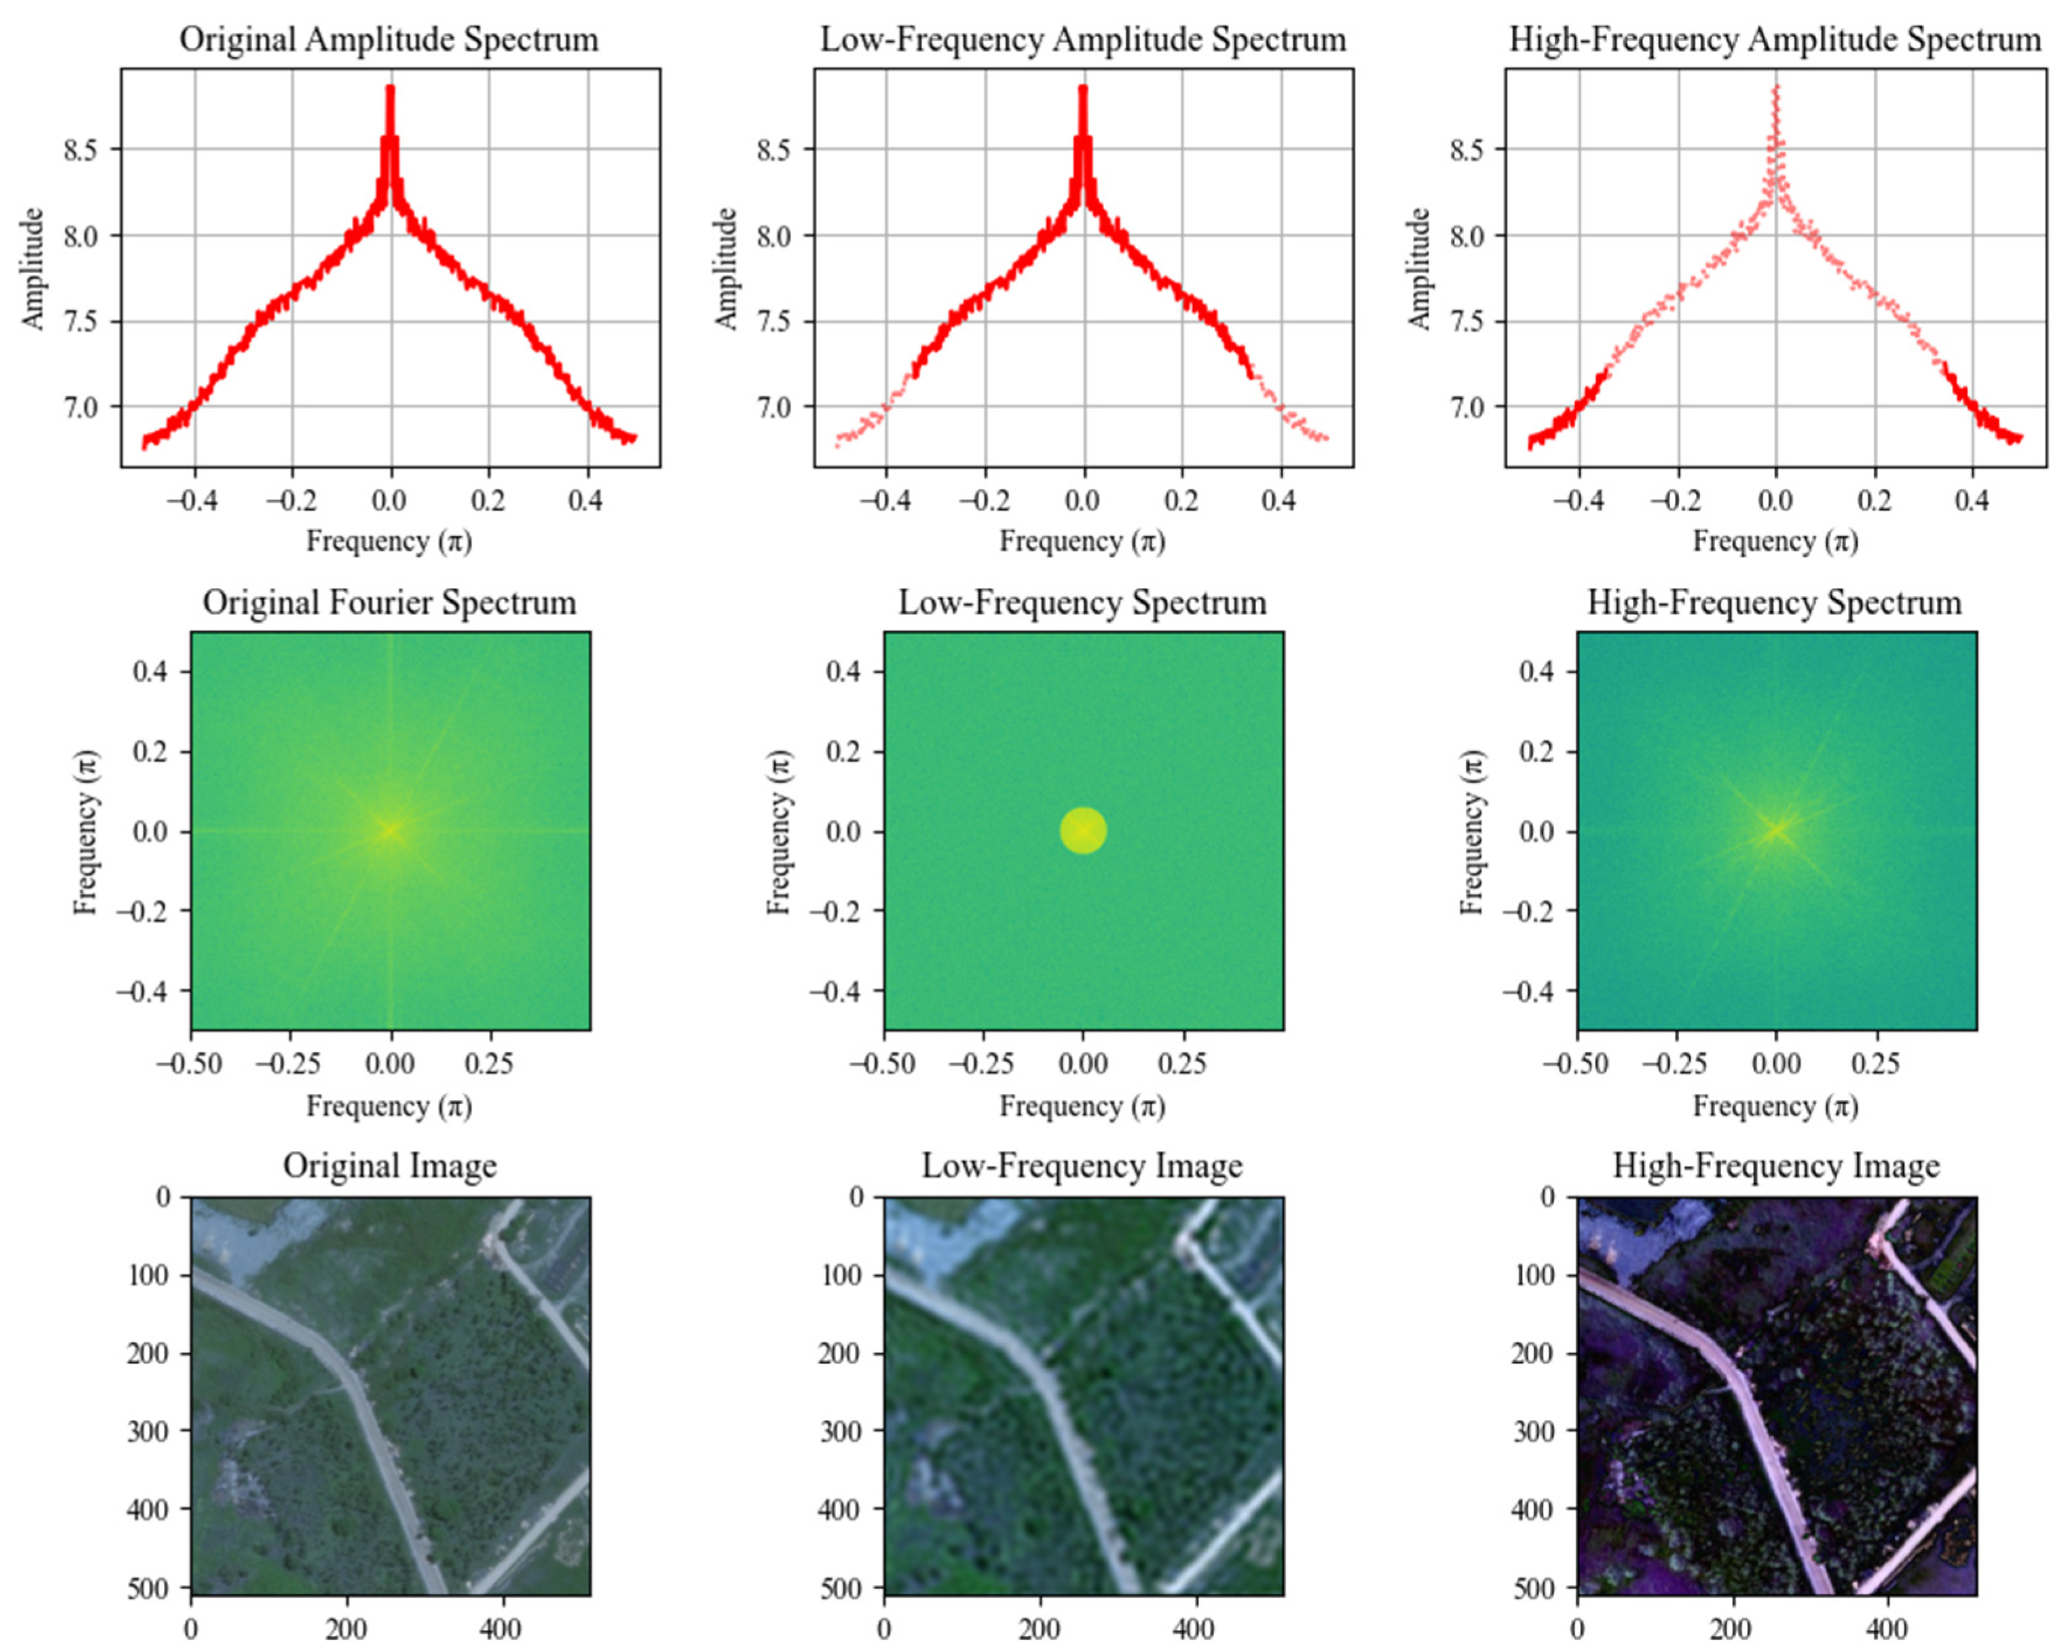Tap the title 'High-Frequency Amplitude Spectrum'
[x=1775, y=40]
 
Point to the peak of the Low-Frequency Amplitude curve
[x=1082, y=89]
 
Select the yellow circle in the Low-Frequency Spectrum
[x=1084, y=830]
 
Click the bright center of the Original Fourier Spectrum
[x=390, y=830]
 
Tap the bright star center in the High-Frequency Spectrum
[x=1776, y=830]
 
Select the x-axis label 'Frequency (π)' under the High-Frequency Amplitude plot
[x=1775, y=541]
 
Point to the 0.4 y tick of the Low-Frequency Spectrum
[x=844, y=672]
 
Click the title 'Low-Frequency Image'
[x=1082, y=1166]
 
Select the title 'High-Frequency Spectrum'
[x=1775, y=603]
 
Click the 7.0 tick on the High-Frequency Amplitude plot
[x=1466, y=407]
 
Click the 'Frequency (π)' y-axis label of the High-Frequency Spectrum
[x=1472, y=830]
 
